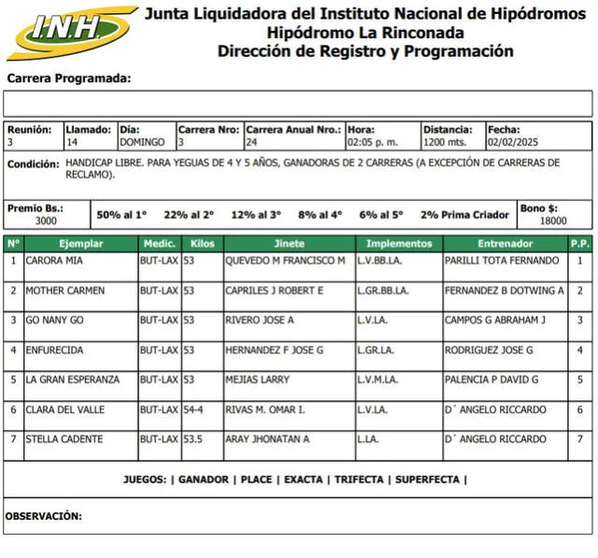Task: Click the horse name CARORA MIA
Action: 55,261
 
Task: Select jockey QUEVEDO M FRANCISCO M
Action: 285,261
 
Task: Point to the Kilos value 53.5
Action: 192,439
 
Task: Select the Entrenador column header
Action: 505,243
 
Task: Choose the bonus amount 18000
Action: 553,222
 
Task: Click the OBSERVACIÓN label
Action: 44,516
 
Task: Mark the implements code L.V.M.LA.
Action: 378,379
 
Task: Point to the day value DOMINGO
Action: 142,143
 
